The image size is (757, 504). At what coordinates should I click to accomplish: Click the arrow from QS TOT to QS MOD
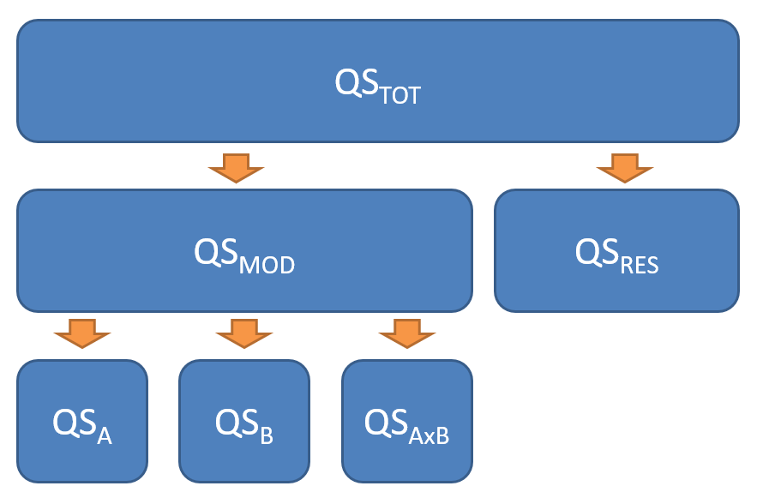(236, 168)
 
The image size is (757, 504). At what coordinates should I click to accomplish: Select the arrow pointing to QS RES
(624, 168)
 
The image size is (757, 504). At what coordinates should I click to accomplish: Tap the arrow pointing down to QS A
(81, 333)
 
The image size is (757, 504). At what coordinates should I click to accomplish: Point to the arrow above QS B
(243, 333)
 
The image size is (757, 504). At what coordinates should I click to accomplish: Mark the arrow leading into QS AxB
(406, 333)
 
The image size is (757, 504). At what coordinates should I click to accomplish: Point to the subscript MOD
(267, 264)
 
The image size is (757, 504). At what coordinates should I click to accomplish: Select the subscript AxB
(429, 435)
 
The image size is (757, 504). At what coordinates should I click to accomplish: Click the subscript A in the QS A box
(105, 435)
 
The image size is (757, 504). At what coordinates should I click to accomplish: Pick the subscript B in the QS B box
(267, 435)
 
